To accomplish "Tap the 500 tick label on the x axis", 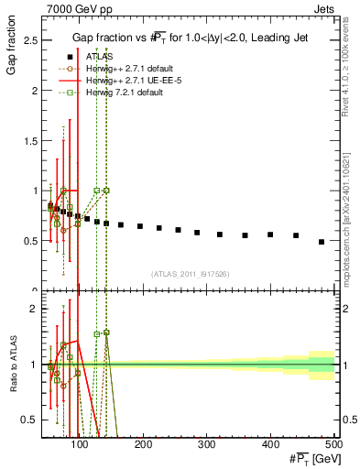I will tap(333, 444).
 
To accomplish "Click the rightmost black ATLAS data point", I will tap(322, 242).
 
